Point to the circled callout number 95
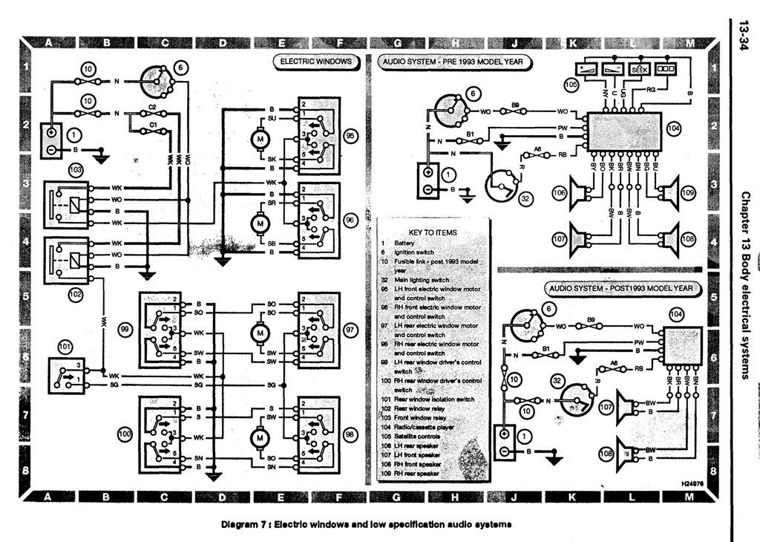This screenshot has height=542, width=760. coord(350,137)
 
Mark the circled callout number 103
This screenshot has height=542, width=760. coord(75,170)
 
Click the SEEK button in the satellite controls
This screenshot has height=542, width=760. coord(638,68)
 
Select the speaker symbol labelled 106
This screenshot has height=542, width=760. coord(577,193)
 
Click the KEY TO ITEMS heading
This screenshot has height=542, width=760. coord(432,232)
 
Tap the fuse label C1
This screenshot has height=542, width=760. coord(152,125)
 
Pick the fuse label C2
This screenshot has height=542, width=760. coord(152,108)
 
